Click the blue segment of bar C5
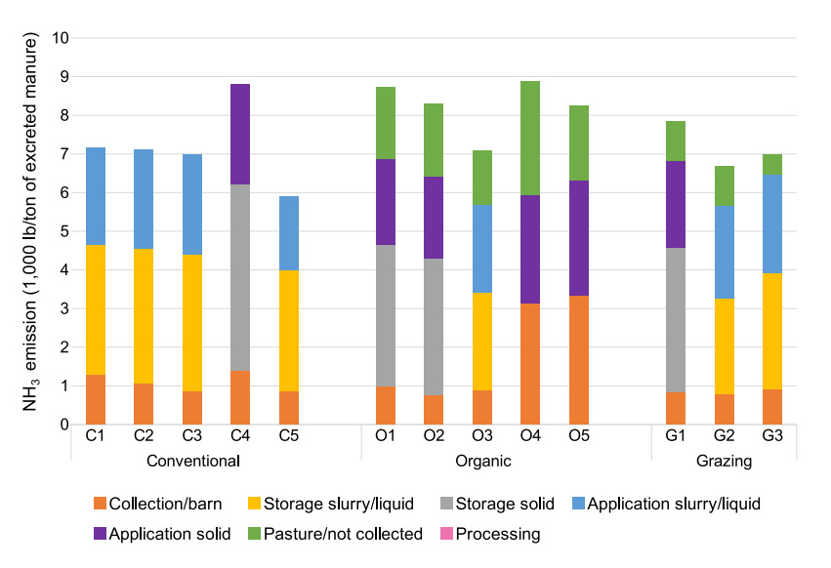[288, 233]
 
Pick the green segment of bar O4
[530, 138]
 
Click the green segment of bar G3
[771, 164]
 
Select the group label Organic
[481, 461]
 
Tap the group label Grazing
[724, 461]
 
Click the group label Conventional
[192, 461]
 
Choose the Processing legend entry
[497, 534]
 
